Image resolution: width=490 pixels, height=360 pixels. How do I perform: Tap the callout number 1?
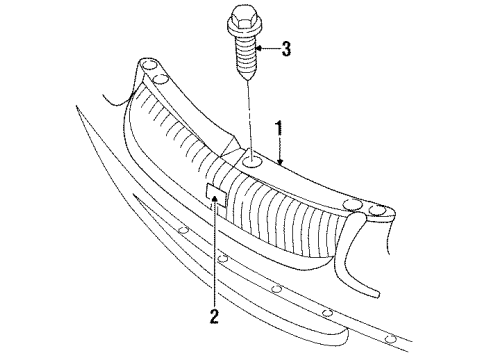coord(280,129)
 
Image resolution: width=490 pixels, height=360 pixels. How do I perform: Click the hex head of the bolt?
coord(244,18)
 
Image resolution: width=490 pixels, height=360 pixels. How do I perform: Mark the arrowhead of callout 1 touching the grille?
coord(281,159)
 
